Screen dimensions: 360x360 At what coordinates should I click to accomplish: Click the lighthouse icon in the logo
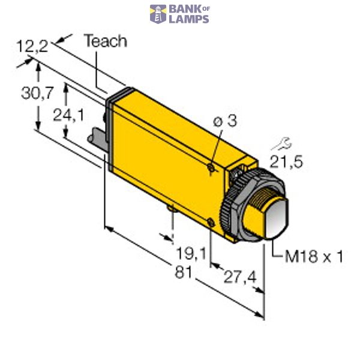click(158, 14)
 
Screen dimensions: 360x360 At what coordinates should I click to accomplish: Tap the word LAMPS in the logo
click(188, 19)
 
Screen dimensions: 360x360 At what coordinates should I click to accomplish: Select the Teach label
click(105, 41)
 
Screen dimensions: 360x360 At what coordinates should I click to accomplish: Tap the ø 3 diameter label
click(225, 121)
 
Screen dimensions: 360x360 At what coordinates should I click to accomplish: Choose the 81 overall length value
click(182, 272)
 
